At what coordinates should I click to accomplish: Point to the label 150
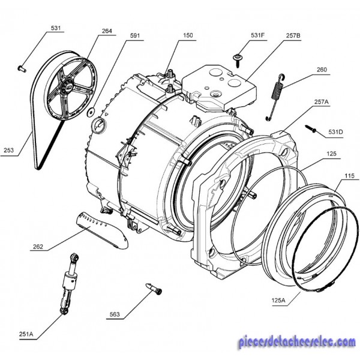click(188, 37)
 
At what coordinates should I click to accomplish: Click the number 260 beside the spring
click(322, 70)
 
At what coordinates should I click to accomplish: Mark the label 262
click(38, 247)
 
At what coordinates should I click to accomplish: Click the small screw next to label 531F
click(238, 58)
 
